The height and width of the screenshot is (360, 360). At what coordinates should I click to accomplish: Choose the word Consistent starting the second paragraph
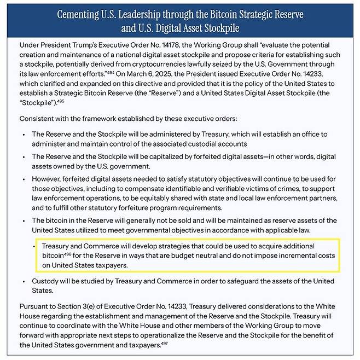click(39, 118)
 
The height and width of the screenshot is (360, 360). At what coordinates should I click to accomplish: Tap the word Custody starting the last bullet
click(47, 281)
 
